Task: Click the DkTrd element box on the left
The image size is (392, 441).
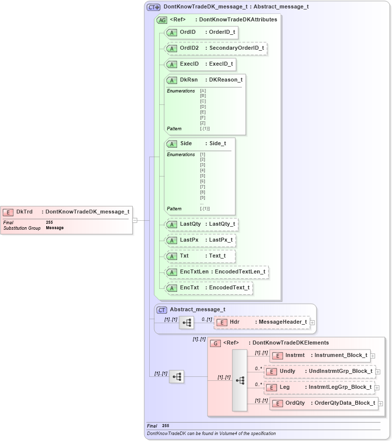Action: pos(67,212)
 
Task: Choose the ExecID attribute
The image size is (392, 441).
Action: pos(199,64)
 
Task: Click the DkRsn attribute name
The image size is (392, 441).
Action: pos(189,80)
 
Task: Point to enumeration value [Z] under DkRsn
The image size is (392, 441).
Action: pos(202,123)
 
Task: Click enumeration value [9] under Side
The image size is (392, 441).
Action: pos(202,197)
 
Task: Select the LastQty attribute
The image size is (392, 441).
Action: pos(201,225)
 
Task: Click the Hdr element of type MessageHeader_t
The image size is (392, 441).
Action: pos(262,322)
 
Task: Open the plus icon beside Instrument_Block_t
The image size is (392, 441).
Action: pos(373,356)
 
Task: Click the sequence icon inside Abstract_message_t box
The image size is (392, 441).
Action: pos(186,322)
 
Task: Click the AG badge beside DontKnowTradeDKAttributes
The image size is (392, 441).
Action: pos(162,20)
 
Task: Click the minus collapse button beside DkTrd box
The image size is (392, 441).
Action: pos(135,220)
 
